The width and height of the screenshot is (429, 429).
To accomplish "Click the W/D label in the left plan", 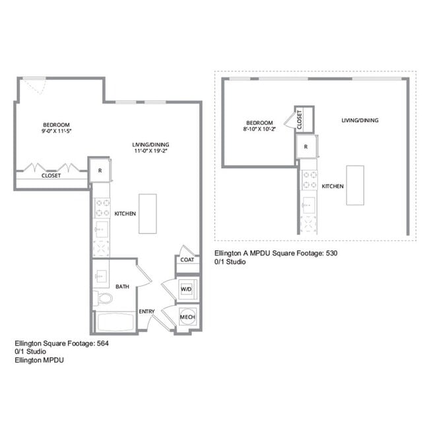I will point(186,288).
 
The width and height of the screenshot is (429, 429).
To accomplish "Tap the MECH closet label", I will point(186,318).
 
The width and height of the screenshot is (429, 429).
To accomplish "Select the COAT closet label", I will point(186,259).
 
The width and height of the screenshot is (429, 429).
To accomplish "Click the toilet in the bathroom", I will point(104,298).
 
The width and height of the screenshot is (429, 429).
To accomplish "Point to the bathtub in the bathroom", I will point(115,323).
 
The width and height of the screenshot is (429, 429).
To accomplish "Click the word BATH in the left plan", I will point(122,286).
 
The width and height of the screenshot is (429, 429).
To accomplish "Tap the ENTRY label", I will point(147,311).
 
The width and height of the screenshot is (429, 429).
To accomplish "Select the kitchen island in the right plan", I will point(356,185).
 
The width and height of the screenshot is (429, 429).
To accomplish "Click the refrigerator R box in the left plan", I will point(99,170).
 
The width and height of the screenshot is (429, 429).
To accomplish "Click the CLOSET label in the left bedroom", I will point(51,176).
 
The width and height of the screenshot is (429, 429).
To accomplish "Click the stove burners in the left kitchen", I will point(102,208).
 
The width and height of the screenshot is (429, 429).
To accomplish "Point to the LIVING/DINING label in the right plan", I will point(360,120).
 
